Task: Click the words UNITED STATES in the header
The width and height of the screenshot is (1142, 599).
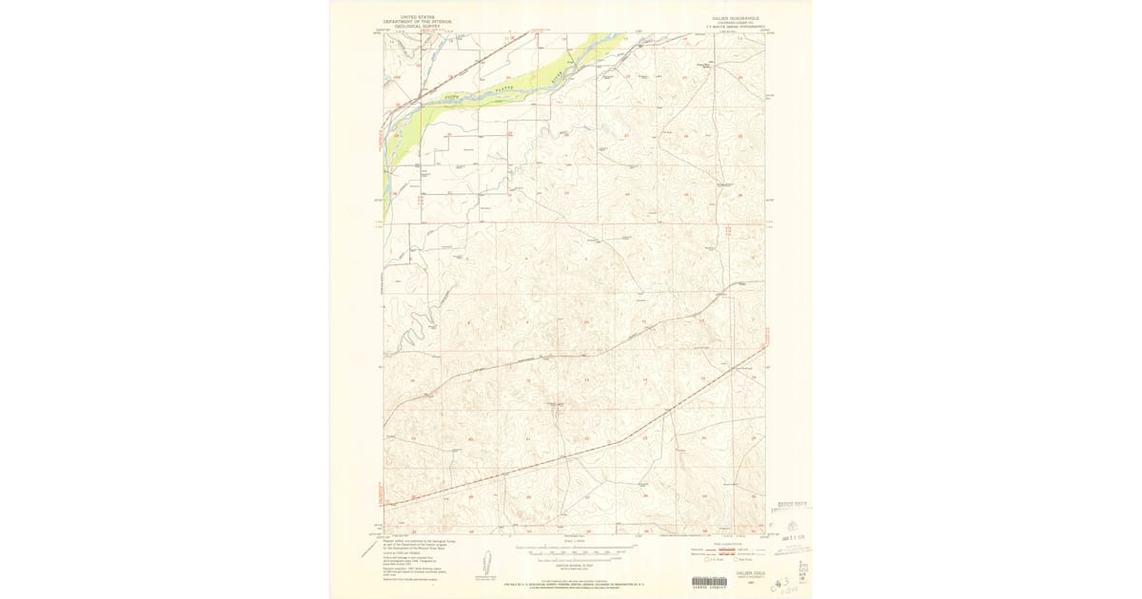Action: coord(416,17)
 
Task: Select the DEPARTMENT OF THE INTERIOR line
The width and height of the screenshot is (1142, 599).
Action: coord(416,21)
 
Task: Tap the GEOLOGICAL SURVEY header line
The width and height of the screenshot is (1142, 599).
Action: coord(416,26)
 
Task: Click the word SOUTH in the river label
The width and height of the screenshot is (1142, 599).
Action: coord(451,97)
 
